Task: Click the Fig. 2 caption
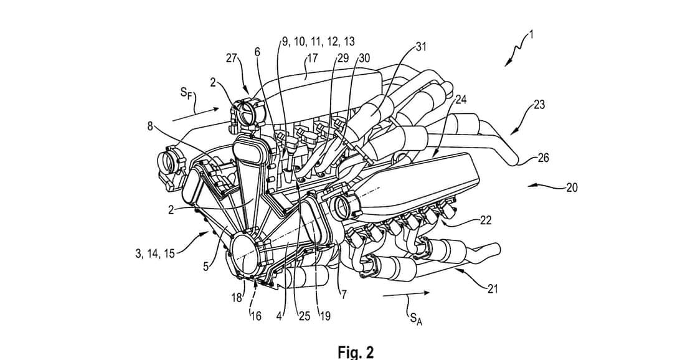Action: point(356,352)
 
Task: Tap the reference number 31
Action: point(421,46)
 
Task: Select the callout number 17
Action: point(313,58)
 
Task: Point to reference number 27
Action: point(233,58)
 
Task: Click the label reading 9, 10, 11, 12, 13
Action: point(318,41)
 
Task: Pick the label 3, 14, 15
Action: point(154,253)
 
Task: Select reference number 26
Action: point(542,158)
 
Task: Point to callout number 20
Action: point(572,187)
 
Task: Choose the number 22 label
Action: point(485,220)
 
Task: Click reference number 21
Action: point(492,288)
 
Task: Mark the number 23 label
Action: point(539,105)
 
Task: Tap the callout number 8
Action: point(150,126)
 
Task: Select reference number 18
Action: point(237,298)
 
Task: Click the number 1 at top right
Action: point(531,34)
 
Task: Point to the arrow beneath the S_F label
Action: point(196,113)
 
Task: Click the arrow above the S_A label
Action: point(406,294)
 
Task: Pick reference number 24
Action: point(461,99)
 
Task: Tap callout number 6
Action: point(257,52)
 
